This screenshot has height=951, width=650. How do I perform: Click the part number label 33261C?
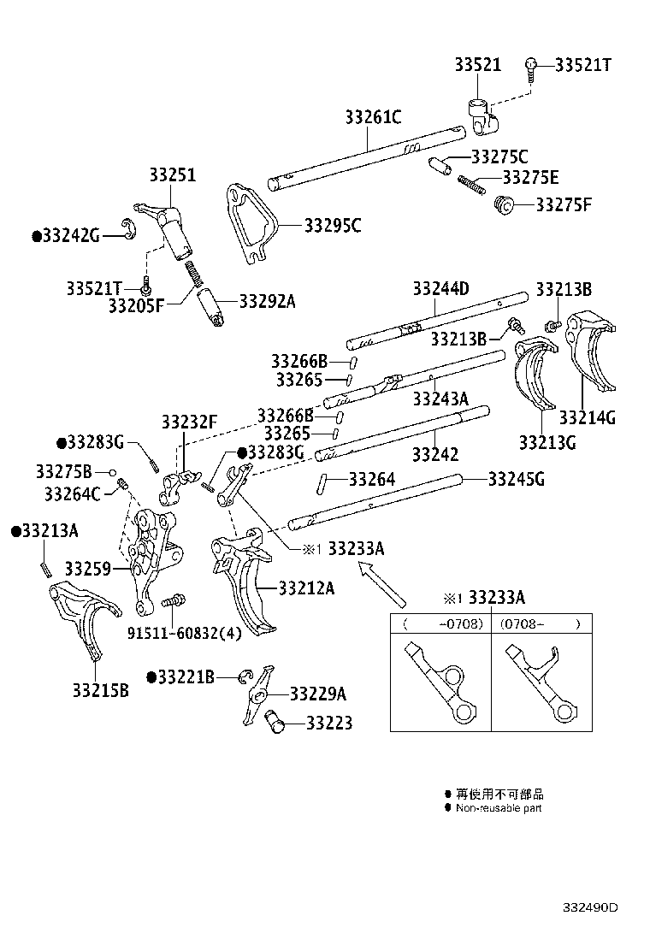coord(374,117)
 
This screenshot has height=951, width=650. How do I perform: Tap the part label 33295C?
coord(333,226)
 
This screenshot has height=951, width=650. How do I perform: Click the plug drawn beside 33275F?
coord(504,205)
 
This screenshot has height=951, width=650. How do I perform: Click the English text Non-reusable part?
coord(498,808)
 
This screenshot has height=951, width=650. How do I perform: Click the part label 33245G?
coord(516,479)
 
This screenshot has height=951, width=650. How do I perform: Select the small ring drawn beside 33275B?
coord(112,472)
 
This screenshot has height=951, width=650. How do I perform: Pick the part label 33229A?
coord(318,694)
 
